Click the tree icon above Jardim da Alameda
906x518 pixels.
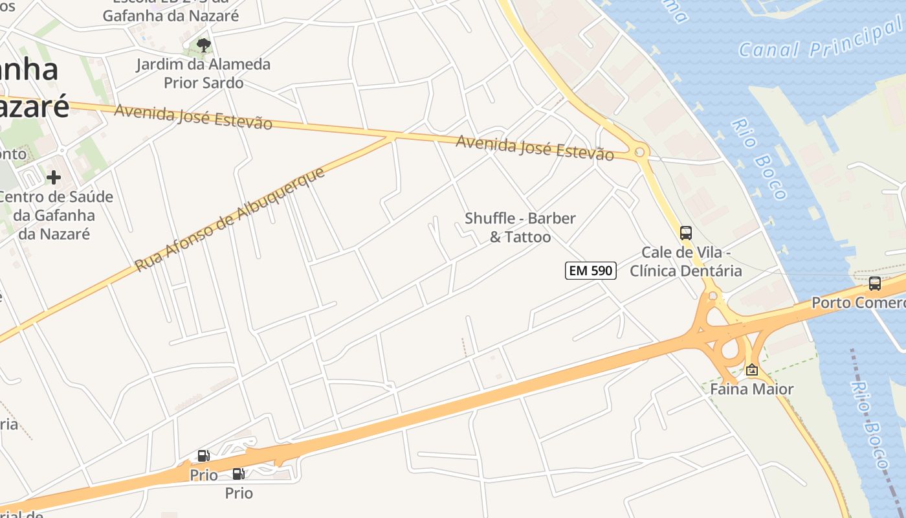204,45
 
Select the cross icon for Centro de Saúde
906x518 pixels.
54,177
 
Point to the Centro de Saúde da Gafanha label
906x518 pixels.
56,215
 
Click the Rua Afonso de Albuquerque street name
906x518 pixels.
229,220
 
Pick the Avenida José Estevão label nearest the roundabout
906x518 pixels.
535,148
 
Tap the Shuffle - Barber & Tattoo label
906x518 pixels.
520,227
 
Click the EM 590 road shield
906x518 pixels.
590,271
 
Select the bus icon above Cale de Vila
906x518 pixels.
686,233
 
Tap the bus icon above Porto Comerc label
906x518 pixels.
875,283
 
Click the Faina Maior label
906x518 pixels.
751,389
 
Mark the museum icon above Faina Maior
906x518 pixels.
752,370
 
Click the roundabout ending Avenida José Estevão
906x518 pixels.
639,152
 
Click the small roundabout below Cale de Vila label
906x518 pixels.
713,296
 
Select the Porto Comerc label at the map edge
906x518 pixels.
858,302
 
